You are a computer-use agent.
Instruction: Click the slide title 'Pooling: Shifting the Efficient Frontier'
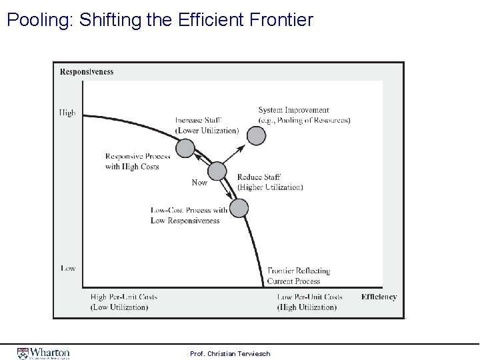pos(159,20)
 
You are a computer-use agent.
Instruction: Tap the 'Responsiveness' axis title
pos(87,72)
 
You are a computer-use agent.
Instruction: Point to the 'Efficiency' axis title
pos(379,297)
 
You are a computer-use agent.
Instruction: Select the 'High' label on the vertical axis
pos(67,113)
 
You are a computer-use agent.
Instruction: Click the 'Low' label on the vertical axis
pos(68,268)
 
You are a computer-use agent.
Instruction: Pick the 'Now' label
pos(199,183)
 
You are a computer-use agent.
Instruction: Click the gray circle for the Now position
pos(218,171)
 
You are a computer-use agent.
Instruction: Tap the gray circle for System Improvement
pos(256,136)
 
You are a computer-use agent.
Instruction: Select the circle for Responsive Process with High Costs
pos(186,148)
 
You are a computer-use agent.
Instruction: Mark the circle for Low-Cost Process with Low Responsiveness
pos(239,209)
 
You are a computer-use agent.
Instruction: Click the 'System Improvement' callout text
pos(304,115)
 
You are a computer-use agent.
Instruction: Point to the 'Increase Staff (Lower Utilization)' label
pos(207,125)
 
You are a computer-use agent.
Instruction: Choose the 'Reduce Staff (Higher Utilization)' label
pos(270,182)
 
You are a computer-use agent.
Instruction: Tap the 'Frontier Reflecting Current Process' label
pos(298,276)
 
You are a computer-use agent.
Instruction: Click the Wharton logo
pos(44,353)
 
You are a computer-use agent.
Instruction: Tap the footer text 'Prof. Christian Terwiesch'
pos(230,353)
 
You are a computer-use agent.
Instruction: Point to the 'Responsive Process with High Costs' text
pos(138,161)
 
